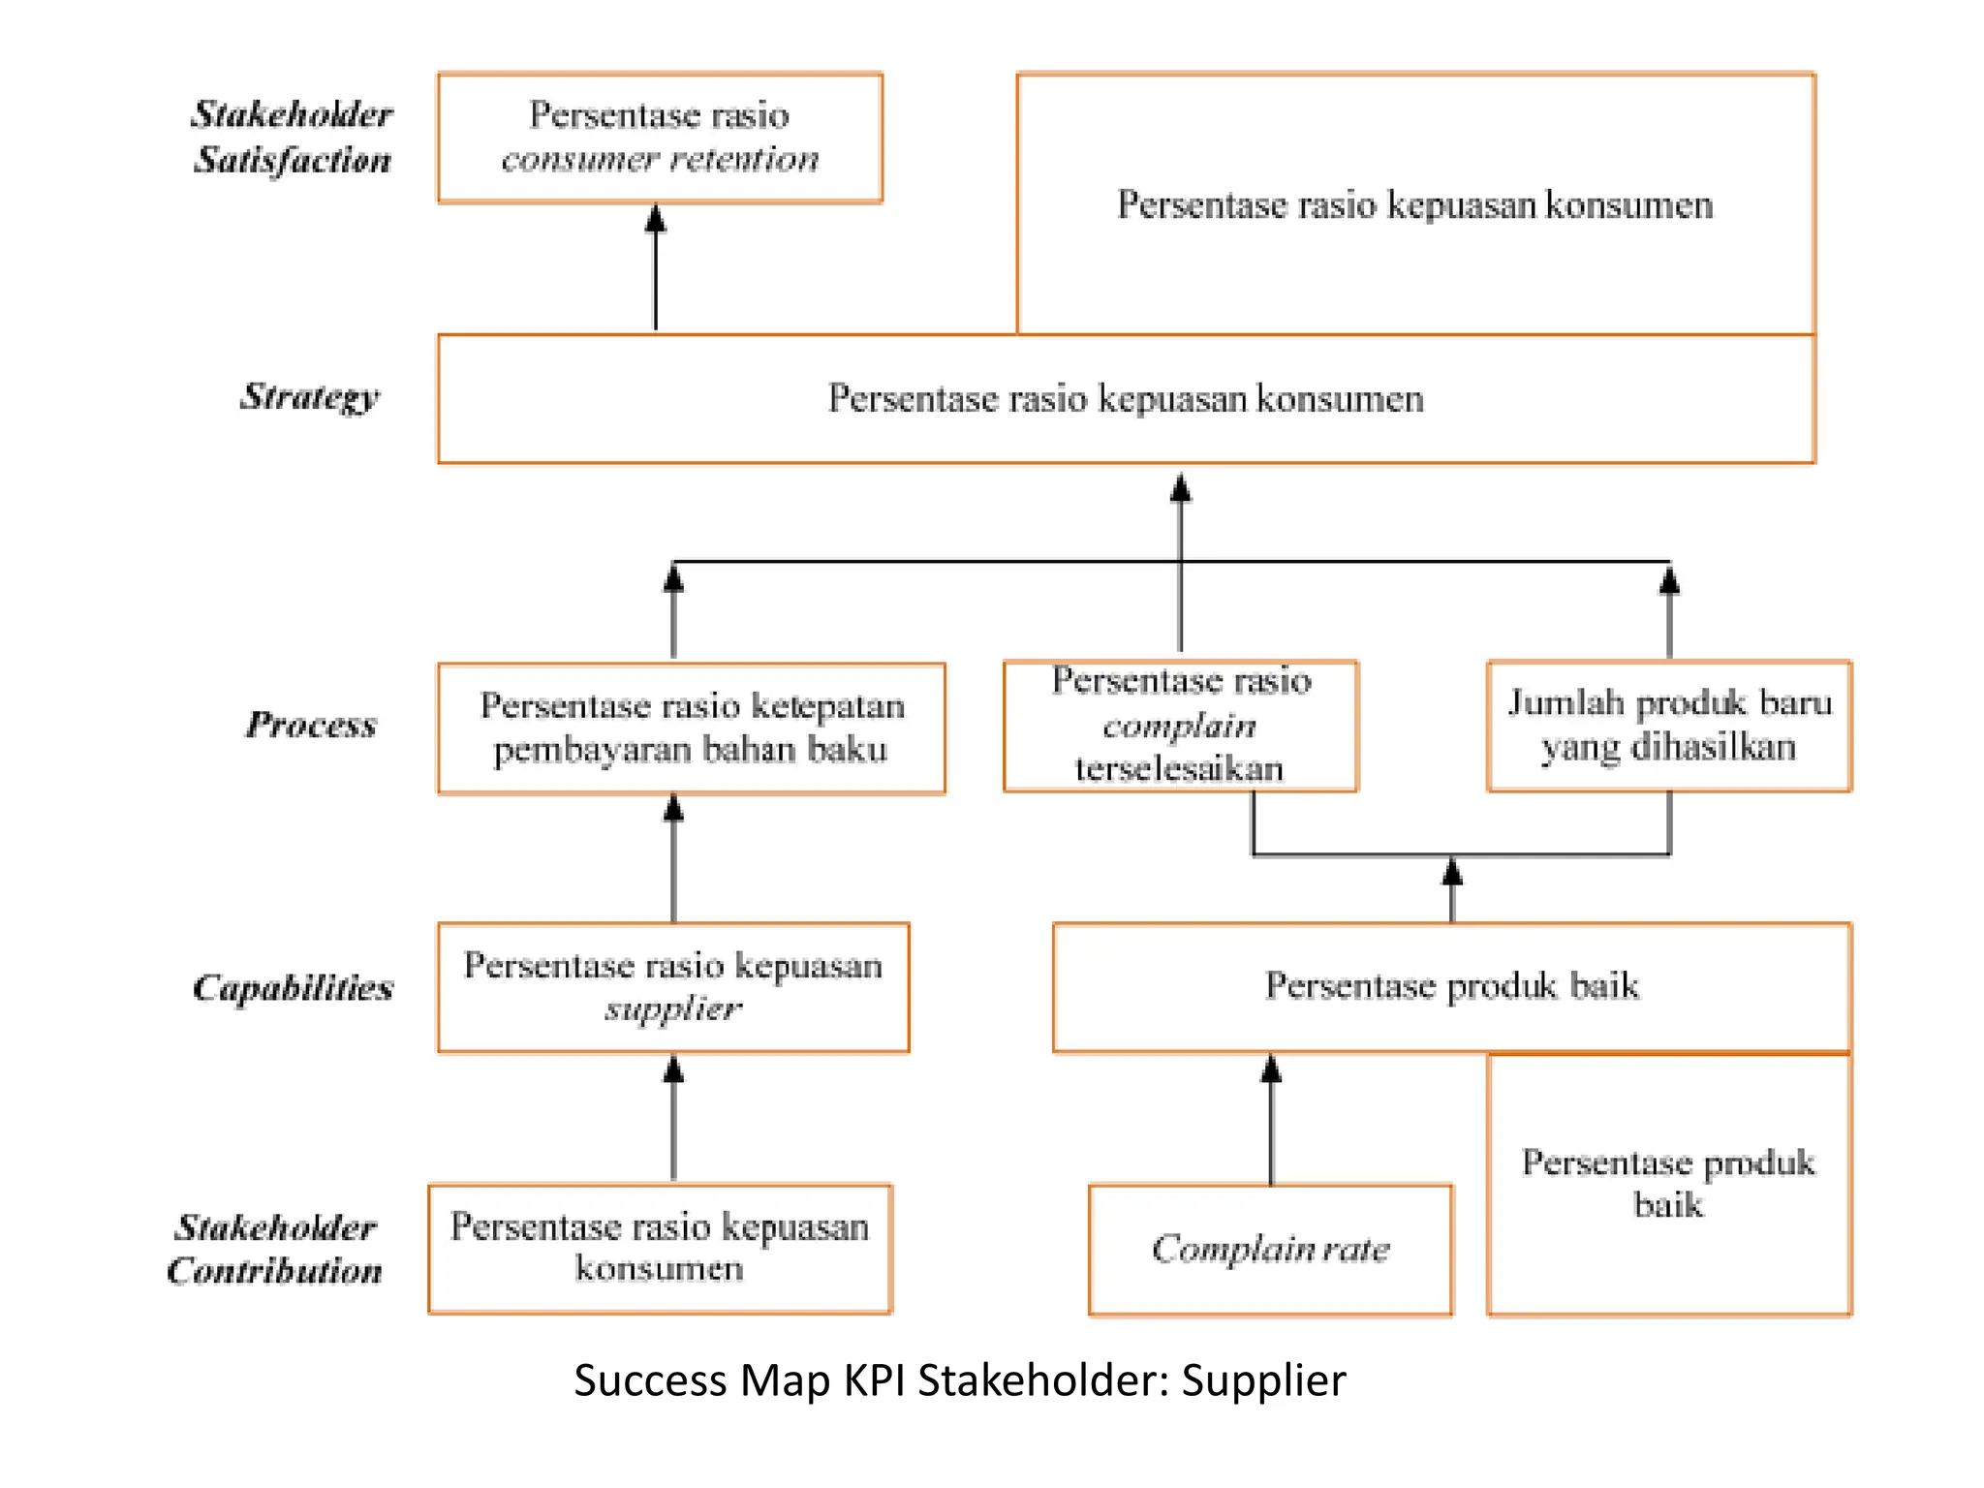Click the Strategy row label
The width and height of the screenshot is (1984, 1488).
point(309,396)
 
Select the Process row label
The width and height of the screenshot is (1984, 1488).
point(310,725)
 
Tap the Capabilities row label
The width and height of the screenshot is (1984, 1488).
point(293,987)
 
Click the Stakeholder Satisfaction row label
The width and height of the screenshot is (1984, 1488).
point(292,137)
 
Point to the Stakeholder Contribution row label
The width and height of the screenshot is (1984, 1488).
point(275,1249)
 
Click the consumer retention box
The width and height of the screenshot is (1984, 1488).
point(660,138)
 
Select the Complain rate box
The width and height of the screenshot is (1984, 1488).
point(1270,1249)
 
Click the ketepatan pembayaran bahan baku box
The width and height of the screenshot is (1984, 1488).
point(691,728)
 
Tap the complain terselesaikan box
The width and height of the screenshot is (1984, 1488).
point(1180,726)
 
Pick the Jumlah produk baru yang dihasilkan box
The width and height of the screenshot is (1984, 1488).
point(1668,726)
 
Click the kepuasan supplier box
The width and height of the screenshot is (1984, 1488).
point(673,987)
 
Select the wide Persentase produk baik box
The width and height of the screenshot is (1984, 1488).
point(1451,986)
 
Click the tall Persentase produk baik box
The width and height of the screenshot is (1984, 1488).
point(1668,1184)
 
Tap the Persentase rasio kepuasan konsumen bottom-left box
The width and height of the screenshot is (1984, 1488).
point(660,1248)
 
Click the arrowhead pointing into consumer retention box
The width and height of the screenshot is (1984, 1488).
point(656,219)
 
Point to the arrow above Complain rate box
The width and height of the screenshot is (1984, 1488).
point(1271,1124)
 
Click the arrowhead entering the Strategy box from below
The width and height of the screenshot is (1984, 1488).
point(1180,487)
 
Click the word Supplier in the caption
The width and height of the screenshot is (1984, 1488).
point(1263,1380)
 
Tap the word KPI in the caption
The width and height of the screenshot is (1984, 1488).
point(874,1380)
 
